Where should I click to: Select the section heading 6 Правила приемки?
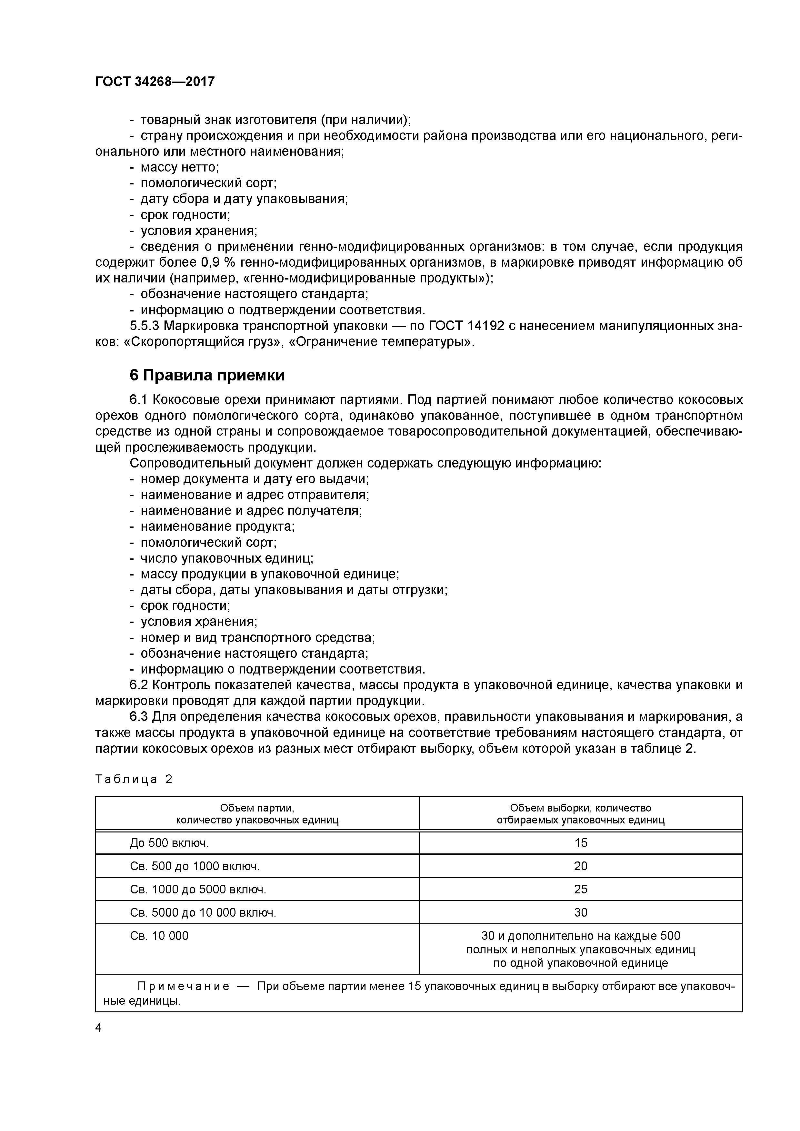point(207,375)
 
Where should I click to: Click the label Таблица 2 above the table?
point(134,779)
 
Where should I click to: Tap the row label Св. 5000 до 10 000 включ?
point(203,913)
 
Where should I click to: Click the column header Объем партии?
point(257,808)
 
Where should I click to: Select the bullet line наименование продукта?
point(217,526)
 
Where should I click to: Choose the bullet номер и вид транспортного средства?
point(257,637)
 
